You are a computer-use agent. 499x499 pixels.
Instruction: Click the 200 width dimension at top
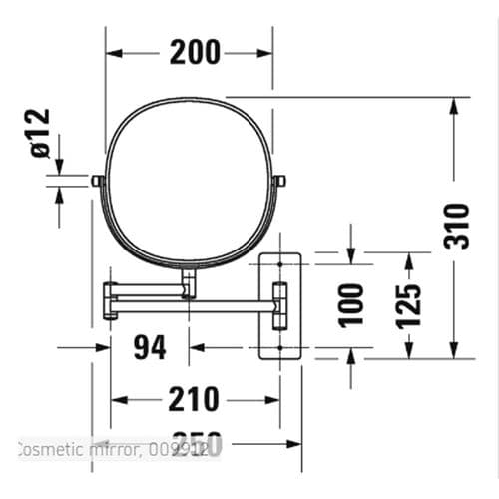[x=195, y=53]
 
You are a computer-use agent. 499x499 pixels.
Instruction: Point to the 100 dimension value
[x=350, y=304]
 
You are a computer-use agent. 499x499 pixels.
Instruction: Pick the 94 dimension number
[x=149, y=348]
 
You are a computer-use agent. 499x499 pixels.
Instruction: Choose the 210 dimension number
[x=194, y=400]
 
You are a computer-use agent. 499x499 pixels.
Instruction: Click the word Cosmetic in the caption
[x=49, y=451]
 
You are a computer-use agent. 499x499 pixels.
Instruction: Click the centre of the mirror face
[x=190, y=181]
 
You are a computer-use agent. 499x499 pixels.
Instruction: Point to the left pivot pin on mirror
[x=97, y=181]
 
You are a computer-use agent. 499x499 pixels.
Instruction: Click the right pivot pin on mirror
[x=282, y=181]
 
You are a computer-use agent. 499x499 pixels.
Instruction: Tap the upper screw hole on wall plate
[x=281, y=262]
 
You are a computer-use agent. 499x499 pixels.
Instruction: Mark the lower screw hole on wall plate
[x=281, y=347]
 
